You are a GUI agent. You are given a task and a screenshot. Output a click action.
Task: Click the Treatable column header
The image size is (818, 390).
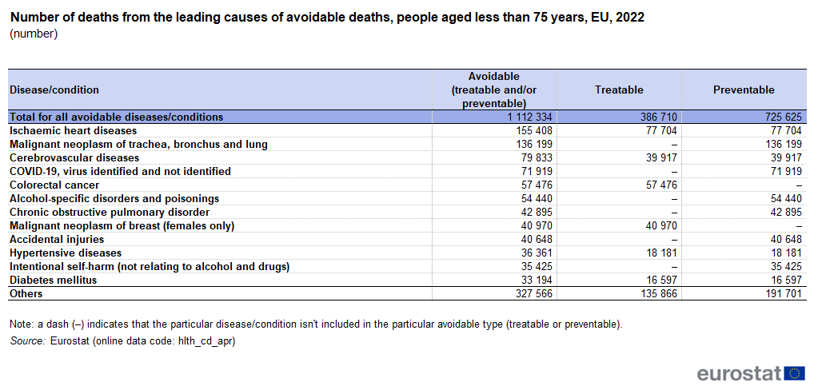pyautogui.click(x=619, y=90)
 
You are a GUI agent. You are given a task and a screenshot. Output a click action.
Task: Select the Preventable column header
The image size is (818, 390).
pyautogui.click(x=744, y=90)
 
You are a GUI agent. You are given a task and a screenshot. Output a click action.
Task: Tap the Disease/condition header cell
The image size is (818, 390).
pyautogui.click(x=54, y=90)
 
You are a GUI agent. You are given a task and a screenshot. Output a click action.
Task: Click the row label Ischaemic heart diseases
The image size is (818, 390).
pyautogui.click(x=73, y=130)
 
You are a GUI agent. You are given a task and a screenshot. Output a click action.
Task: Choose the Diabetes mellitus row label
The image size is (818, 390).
pyautogui.click(x=53, y=280)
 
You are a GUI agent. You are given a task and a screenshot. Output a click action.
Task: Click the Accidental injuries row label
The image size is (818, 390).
pyautogui.click(x=57, y=239)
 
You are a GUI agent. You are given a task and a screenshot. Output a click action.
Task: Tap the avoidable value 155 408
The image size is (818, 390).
pyautogui.click(x=532, y=130)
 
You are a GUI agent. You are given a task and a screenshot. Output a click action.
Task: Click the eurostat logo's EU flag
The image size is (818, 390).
pyautogui.click(x=795, y=373)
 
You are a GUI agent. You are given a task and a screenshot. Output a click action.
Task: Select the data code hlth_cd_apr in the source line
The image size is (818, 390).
pyautogui.click(x=207, y=341)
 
